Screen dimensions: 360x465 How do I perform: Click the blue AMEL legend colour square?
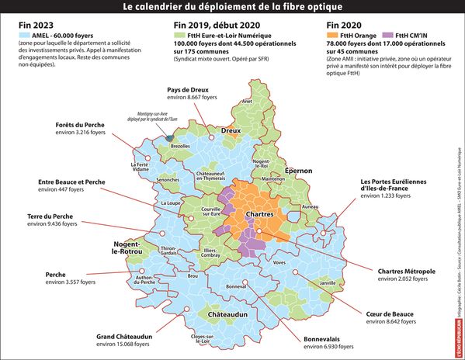tap(19, 36)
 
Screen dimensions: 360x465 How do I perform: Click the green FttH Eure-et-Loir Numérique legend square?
tap(178, 36)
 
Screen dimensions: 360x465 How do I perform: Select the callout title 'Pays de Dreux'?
tap(190, 91)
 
